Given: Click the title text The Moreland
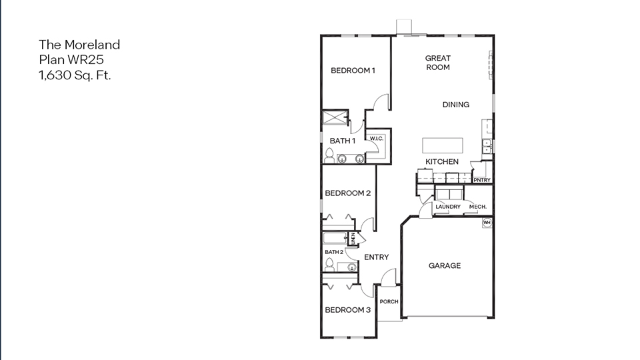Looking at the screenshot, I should (79, 45).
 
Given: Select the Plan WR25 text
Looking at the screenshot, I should (71, 60).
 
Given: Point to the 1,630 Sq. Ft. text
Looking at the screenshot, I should (75, 75).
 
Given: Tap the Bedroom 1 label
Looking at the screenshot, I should (353, 71).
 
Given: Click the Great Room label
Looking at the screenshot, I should (438, 63).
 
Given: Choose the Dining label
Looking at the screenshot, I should (456, 105).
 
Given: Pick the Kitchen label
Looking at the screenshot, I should (442, 162).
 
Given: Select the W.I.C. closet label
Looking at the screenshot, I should (376, 139).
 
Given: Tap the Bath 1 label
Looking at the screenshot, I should (343, 141).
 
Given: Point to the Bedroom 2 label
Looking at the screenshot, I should (348, 194).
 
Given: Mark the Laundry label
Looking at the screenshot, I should (448, 207).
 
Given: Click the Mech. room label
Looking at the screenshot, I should (477, 207).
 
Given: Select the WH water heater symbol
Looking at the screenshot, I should (487, 223).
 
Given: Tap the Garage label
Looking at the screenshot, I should (445, 266).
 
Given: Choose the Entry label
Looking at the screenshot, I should (376, 257).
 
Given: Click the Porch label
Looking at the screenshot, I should (389, 302).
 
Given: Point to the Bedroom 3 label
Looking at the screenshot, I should (348, 310).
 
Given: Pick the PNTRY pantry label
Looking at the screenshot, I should (481, 180).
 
